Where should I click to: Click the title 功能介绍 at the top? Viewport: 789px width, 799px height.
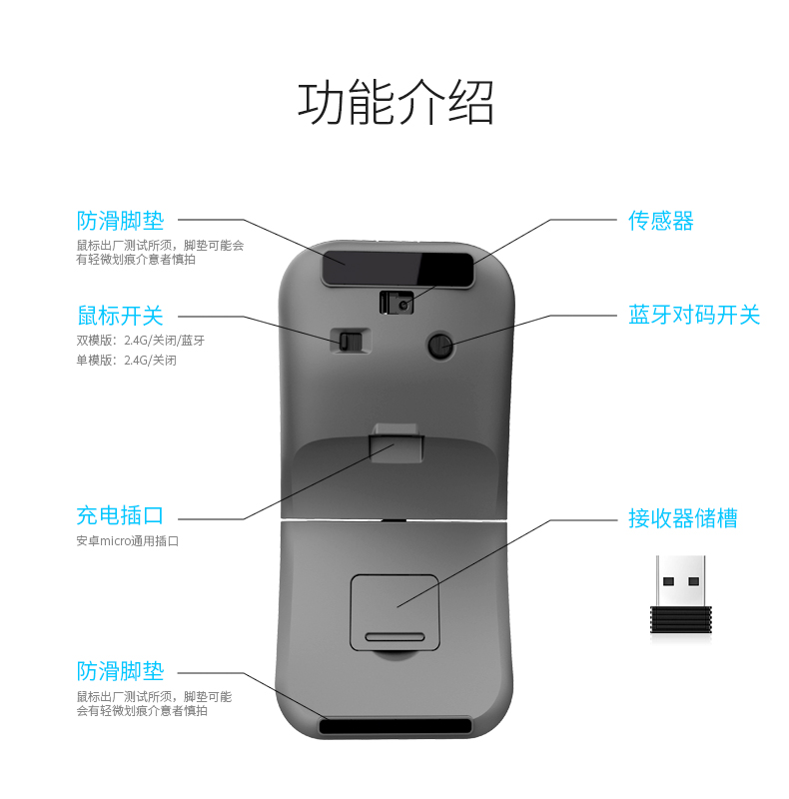tap(395, 102)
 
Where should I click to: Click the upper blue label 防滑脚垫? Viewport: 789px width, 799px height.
tap(120, 220)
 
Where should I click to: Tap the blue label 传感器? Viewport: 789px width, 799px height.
tap(660, 221)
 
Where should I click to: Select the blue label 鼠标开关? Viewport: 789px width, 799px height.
tap(120, 316)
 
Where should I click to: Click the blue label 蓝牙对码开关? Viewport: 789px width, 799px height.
tap(694, 316)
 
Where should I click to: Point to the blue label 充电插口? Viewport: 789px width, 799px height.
tap(120, 516)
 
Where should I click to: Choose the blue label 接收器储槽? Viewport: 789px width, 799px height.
tap(682, 518)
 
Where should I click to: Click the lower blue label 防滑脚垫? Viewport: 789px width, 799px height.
tap(120, 670)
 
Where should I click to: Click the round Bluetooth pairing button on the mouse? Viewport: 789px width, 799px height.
tap(438, 346)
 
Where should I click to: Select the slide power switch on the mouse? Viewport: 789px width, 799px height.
tap(347, 341)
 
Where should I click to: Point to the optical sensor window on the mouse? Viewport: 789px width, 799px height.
tap(396, 302)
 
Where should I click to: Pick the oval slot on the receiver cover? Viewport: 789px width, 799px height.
tap(394, 636)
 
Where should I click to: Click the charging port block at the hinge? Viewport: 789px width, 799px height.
tap(394, 442)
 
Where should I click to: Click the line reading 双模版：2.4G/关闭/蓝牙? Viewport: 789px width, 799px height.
tap(140, 340)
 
